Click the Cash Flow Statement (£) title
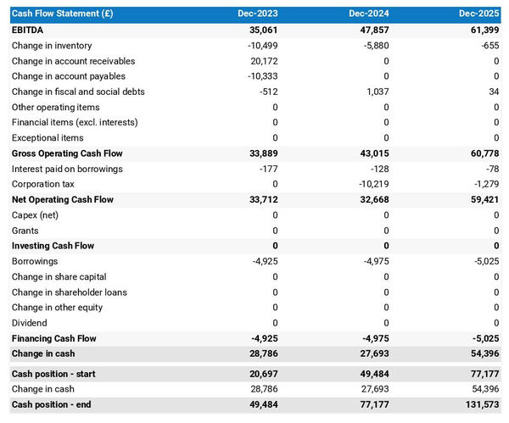click(x=62, y=14)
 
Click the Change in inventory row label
click(x=52, y=46)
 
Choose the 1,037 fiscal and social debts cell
click(x=376, y=92)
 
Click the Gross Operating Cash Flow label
click(x=67, y=153)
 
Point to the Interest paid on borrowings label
click(x=67, y=169)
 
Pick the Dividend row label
click(x=30, y=323)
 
